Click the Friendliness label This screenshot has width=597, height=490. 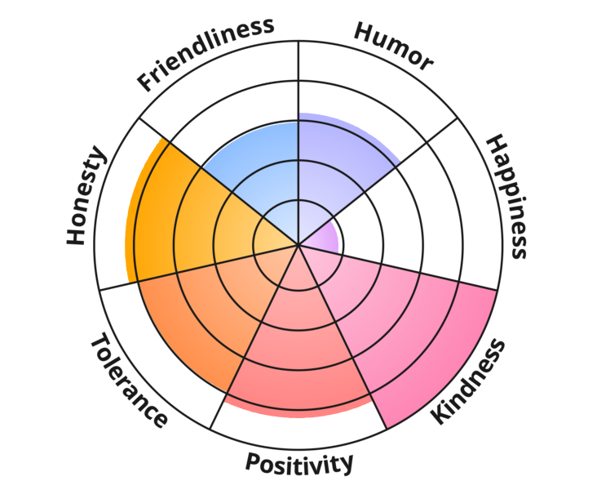point(206,55)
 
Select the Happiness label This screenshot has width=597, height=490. point(507,196)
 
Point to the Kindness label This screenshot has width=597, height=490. point(468,381)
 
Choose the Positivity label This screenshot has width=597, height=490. point(298,464)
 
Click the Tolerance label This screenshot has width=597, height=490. point(129,381)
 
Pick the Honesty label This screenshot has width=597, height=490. point(86,195)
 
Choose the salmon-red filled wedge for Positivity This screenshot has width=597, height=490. point(298,354)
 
